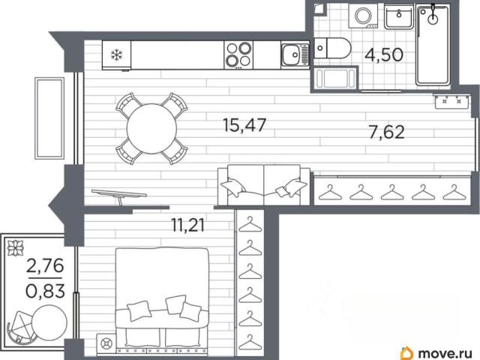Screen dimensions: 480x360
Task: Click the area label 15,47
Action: (x=244, y=125)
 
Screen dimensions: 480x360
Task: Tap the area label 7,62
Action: (x=387, y=133)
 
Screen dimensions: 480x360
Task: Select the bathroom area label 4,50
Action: (x=384, y=55)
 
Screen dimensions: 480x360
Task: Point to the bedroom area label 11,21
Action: (x=187, y=226)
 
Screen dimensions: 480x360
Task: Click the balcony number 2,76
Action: (x=45, y=265)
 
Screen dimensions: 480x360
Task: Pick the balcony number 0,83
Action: (x=45, y=291)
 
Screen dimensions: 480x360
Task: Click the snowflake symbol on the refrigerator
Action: (x=116, y=55)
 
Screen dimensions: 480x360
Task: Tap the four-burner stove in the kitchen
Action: (x=238, y=55)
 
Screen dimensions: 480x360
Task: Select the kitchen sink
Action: (x=295, y=55)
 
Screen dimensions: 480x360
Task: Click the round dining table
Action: (x=151, y=129)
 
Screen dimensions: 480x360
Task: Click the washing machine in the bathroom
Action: (x=364, y=16)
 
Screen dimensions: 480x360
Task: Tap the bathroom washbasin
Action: (x=399, y=16)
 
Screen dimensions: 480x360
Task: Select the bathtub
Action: (x=433, y=45)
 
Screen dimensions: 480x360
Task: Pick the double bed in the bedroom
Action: (x=162, y=300)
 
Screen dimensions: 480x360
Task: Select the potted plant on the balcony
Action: (x=16, y=247)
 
